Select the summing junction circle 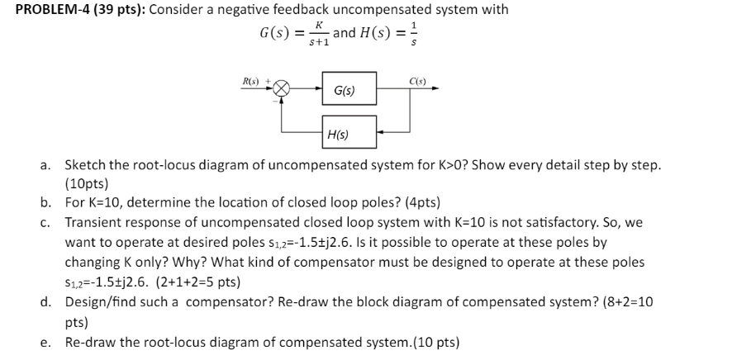[x=283, y=88]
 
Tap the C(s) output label [x=417, y=80]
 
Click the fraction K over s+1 [x=317, y=35]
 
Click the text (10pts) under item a [x=87, y=183]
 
